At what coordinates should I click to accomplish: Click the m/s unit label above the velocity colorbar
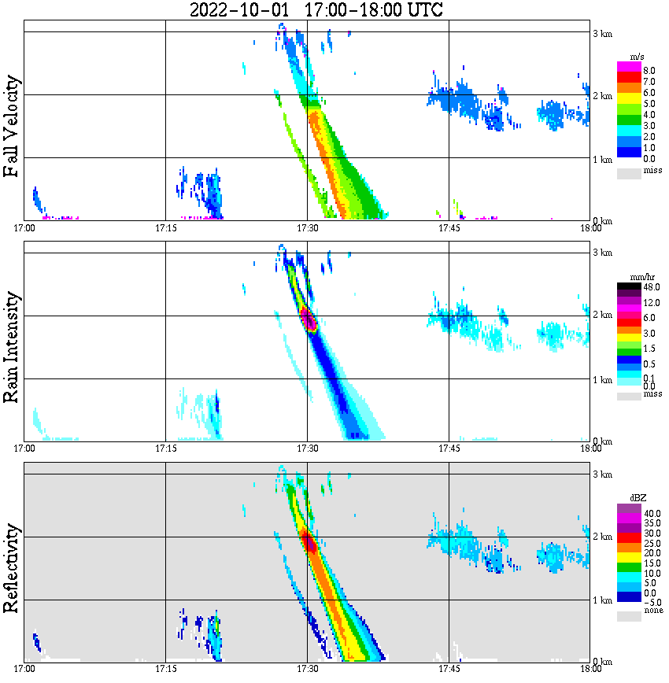click(x=638, y=57)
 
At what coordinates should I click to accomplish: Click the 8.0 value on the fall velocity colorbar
click(x=649, y=71)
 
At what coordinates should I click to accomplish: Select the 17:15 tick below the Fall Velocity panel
click(x=165, y=228)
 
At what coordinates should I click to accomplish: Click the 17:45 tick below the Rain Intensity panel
click(x=449, y=449)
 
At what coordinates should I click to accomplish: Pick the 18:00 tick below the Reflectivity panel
click(x=590, y=669)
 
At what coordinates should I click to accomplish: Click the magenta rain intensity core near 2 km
click(x=308, y=319)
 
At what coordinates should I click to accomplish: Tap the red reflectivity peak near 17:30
click(x=309, y=544)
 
